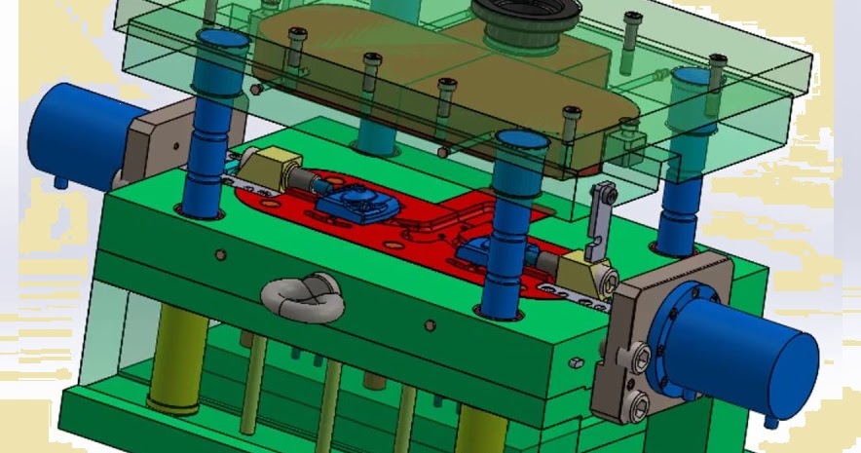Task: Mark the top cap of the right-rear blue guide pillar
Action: pos(694,77)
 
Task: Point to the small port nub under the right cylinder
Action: pos(772,420)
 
